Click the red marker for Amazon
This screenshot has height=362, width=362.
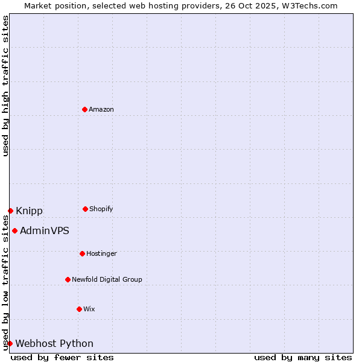click(x=84, y=109)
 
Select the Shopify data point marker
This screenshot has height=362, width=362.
click(x=85, y=209)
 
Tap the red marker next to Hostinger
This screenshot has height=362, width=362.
click(x=82, y=253)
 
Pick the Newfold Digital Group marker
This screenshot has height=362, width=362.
click(x=68, y=279)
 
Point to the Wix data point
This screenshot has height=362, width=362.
click(x=79, y=309)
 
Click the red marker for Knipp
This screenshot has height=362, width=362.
click(x=10, y=211)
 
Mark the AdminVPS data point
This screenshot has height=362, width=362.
click(x=14, y=230)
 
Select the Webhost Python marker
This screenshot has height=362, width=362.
click(x=10, y=343)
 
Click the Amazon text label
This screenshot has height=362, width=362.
click(x=101, y=109)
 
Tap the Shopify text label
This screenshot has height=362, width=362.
click(x=101, y=209)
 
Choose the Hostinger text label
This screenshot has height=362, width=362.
click(x=101, y=253)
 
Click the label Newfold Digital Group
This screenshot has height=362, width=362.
click(x=107, y=279)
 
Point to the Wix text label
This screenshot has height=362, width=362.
click(x=89, y=309)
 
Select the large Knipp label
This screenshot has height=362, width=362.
click(x=29, y=211)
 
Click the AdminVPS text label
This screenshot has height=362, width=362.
click(x=45, y=230)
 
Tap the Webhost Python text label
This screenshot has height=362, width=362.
click(x=54, y=343)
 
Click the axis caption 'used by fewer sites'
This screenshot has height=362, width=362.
click(x=62, y=357)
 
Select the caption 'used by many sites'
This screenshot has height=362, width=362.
click(x=303, y=357)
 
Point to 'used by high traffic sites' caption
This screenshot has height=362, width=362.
click(x=5, y=86)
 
